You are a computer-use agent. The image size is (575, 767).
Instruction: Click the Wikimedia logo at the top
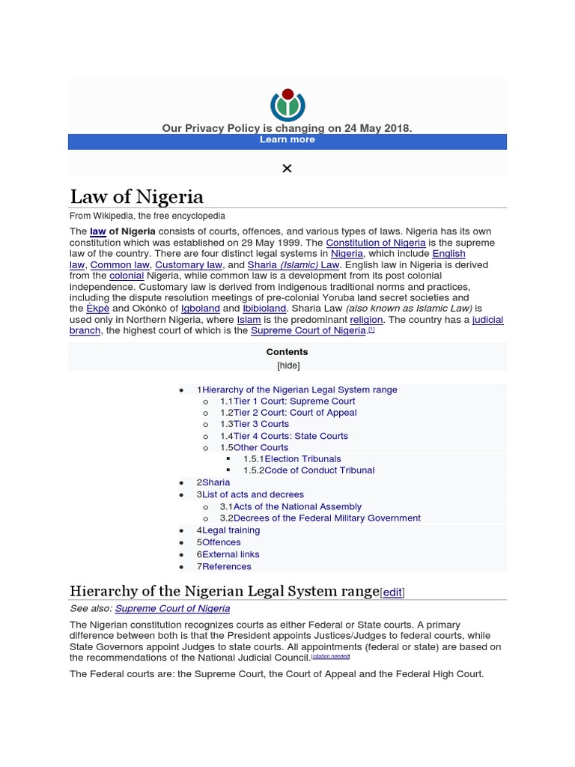(287, 104)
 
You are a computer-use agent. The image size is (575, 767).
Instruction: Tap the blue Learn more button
(287, 140)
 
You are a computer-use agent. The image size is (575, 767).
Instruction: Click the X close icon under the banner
(287, 169)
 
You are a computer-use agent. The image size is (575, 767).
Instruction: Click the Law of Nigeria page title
(136, 197)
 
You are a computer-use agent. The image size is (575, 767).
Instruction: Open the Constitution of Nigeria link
(376, 243)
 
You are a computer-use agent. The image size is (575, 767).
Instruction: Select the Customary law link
(189, 264)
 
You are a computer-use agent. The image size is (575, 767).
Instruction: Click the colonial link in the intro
(127, 276)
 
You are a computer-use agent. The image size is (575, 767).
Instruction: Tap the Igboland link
(200, 308)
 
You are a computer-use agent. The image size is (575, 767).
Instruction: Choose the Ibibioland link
(264, 308)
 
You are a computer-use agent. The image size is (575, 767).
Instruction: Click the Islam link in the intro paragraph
(249, 319)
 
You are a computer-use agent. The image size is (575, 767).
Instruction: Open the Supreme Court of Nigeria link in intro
(308, 330)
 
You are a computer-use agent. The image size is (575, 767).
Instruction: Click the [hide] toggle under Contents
(288, 366)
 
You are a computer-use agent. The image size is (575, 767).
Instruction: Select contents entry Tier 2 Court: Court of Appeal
(295, 413)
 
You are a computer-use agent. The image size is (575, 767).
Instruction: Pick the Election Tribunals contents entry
(302, 458)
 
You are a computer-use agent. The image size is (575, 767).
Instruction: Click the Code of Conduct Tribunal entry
(319, 470)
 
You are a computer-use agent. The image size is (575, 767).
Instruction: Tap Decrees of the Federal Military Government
(326, 518)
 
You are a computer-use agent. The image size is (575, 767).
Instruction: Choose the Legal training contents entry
(231, 530)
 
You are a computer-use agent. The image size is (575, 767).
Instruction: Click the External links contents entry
(231, 554)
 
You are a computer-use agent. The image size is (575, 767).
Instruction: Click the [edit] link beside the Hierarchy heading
(392, 592)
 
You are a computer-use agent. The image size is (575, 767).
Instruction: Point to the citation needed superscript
(330, 656)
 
